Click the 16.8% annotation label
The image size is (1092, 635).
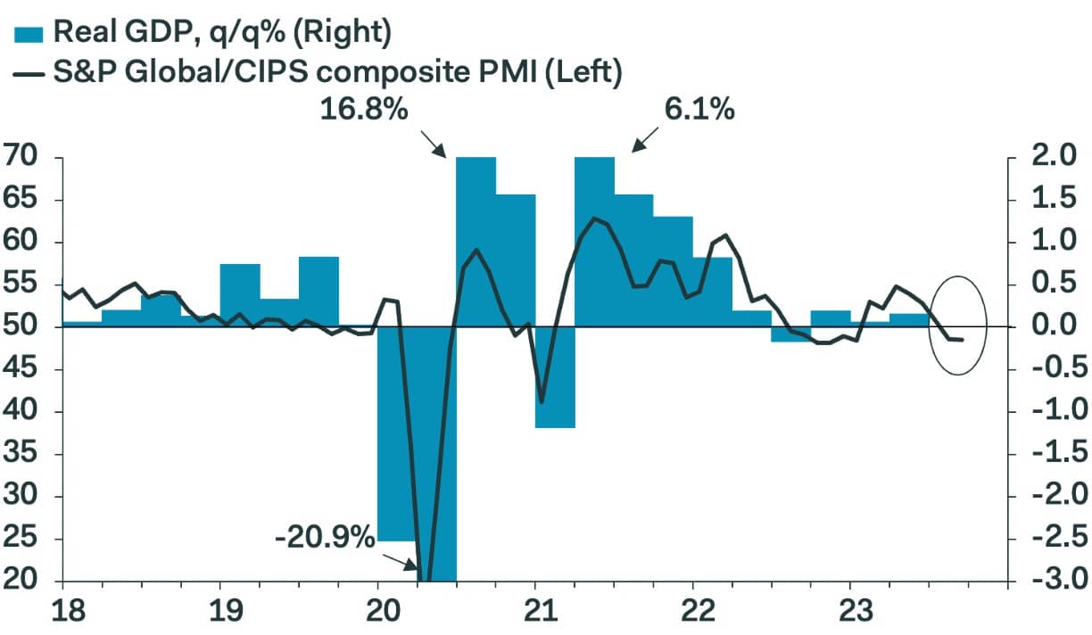[363, 111]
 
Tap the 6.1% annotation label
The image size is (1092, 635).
[699, 111]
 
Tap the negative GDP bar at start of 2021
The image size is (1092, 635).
[555, 377]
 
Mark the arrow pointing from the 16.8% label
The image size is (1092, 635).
[432, 143]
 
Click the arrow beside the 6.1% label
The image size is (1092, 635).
[645, 138]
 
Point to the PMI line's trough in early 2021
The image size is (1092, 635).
[542, 402]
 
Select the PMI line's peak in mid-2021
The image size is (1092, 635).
[593, 219]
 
